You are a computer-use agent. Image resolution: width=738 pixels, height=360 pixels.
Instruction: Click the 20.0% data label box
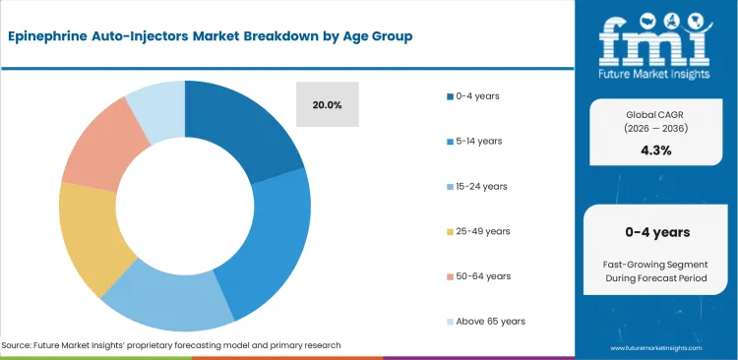(x=328, y=104)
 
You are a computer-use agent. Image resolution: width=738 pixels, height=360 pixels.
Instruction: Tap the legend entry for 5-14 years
(x=477, y=141)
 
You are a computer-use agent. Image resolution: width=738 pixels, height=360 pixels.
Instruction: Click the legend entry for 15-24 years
(x=479, y=186)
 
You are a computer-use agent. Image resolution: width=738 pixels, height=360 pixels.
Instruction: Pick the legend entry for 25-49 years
(x=480, y=231)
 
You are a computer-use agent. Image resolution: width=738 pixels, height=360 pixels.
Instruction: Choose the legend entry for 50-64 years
(x=480, y=276)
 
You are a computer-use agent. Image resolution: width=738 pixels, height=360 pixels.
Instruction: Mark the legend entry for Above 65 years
(x=486, y=322)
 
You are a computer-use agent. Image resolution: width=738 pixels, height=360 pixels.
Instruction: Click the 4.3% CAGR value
(x=656, y=150)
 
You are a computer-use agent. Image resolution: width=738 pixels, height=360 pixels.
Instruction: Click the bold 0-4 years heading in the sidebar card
(x=656, y=232)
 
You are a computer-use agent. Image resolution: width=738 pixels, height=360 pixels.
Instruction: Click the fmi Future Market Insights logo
(x=656, y=44)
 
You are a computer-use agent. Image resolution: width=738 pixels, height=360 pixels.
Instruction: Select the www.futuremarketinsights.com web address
(x=656, y=348)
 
